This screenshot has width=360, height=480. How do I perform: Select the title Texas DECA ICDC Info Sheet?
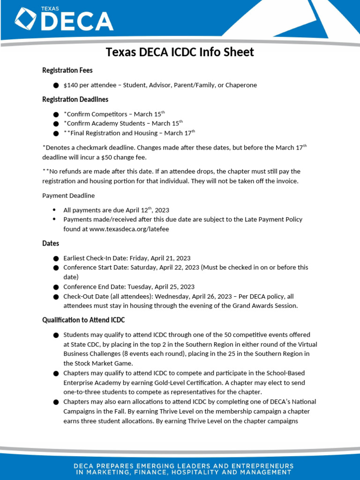(180, 52)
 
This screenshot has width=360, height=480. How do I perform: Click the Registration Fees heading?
(67, 70)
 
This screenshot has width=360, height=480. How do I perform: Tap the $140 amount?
(70, 85)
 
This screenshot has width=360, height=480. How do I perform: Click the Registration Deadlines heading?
(75, 99)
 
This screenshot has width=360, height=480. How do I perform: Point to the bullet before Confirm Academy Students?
(56, 124)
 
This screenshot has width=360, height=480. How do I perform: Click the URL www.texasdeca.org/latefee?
(116, 229)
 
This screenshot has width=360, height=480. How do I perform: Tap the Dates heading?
(51, 244)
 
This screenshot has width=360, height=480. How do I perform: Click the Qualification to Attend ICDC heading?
(83, 320)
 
